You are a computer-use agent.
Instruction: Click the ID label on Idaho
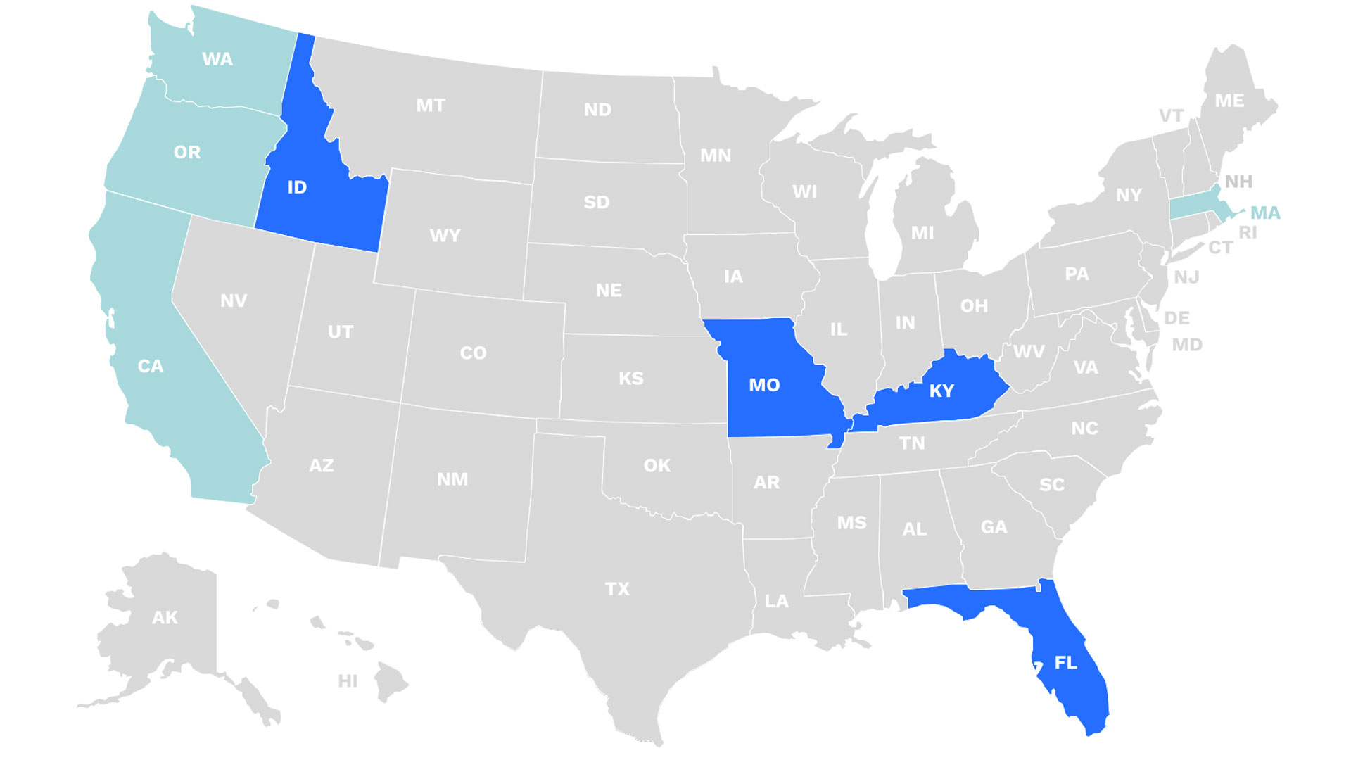(x=297, y=187)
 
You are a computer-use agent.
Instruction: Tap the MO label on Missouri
(x=764, y=385)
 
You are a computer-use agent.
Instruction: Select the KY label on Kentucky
(x=941, y=391)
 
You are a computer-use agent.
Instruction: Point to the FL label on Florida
(x=1065, y=662)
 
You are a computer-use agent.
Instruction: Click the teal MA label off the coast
(x=1265, y=213)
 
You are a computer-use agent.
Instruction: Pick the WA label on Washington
(x=217, y=59)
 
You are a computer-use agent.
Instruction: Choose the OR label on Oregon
(x=187, y=152)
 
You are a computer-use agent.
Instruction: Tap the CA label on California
(x=151, y=366)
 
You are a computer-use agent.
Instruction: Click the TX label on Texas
(x=617, y=588)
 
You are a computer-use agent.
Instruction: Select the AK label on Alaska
(x=165, y=617)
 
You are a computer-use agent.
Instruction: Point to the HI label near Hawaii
(x=348, y=680)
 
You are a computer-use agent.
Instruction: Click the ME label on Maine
(x=1229, y=101)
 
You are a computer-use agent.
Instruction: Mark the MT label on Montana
(x=431, y=106)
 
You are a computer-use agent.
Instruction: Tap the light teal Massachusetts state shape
(x=1196, y=208)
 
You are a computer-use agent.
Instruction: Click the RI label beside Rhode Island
(x=1248, y=232)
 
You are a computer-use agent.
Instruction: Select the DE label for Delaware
(x=1176, y=317)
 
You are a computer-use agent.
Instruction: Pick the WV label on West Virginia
(x=1029, y=351)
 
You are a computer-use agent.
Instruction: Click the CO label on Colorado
(x=473, y=353)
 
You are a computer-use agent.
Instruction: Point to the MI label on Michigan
(x=922, y=232)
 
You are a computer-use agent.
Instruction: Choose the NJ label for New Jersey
(x=1186, y=277)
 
